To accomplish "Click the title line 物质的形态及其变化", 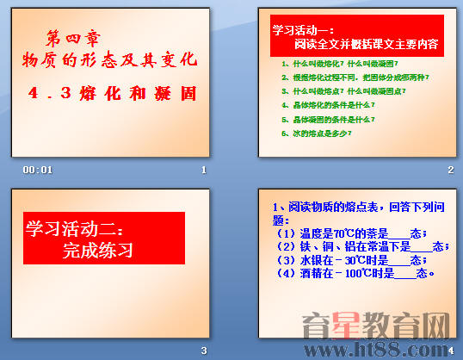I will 109,59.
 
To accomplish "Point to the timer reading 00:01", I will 39,170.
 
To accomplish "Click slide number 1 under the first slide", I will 204,170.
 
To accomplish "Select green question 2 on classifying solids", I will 355,77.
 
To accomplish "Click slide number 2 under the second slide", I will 450,170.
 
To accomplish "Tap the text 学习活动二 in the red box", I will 75,230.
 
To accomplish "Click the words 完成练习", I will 98,251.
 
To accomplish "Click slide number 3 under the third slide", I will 204,350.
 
